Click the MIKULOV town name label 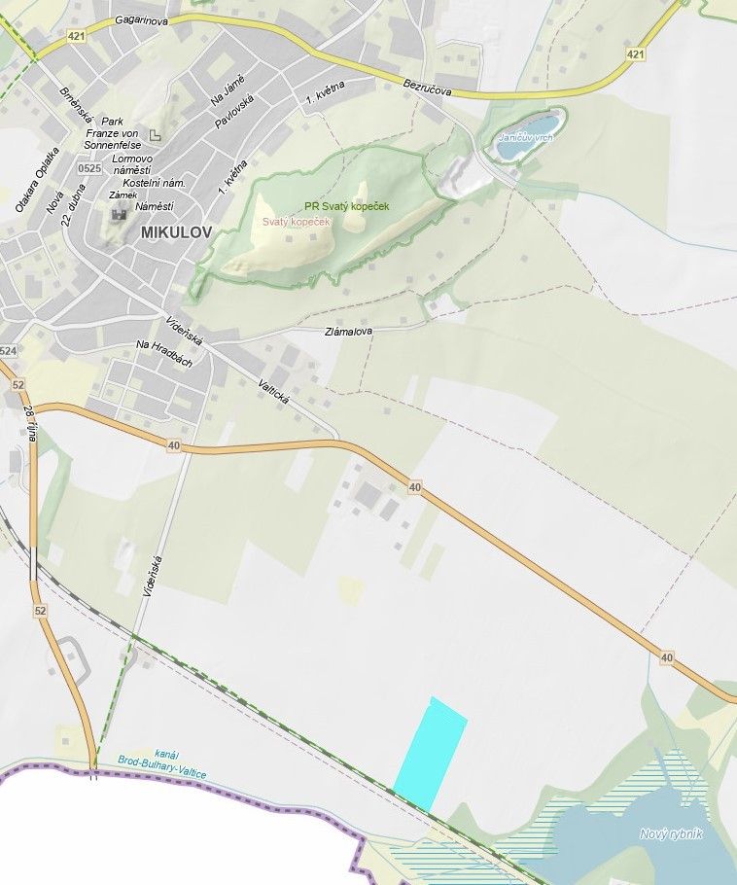tap(175, 232)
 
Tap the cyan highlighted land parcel tap(430, 755)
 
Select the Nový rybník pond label tap(671, 833)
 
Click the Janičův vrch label tap(525, 138)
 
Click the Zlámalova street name tap(348, 332)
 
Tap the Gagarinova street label tap(142, 18)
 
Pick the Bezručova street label tap(428, 88)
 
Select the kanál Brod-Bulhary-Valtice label tap(161, 760)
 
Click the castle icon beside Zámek tap(119, 211)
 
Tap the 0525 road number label tap(89, 168)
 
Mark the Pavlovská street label tap(234, 114)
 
